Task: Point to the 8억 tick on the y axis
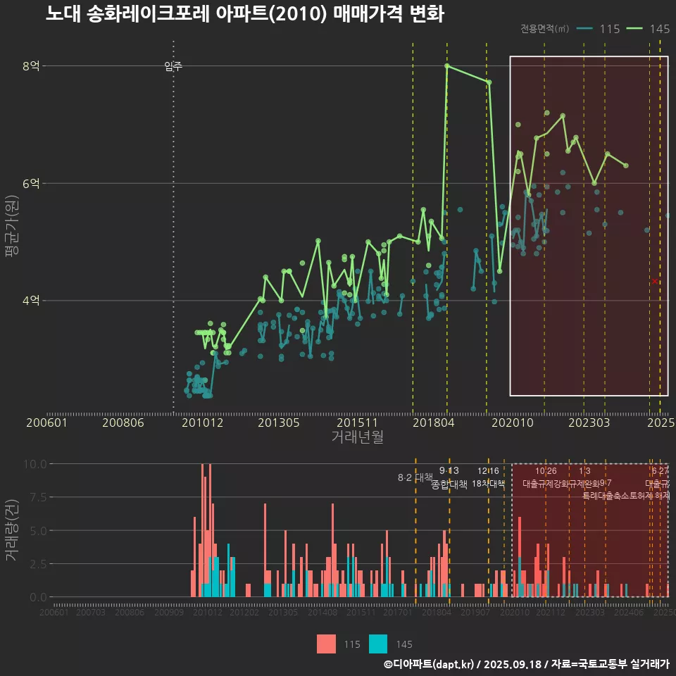click(x=32, y=66)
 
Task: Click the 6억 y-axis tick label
click(x=32, y=183)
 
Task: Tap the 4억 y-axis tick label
click(x=32, y=301)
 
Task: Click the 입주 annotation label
click(x=173, y=67)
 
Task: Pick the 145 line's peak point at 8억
click(x=447, y=66)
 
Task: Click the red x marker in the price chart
click(x=655, y=281)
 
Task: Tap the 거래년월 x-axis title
click(x=357, y=437)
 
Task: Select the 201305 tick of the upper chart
click(x=279, y=423)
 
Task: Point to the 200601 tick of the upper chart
click(x=46, y=423)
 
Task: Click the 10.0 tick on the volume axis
click(x=35, y=464)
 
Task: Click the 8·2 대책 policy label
click(x=415, y=477)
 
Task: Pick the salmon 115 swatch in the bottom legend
click(x=326, y=644)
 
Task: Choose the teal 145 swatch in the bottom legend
click(x=378, y=644)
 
